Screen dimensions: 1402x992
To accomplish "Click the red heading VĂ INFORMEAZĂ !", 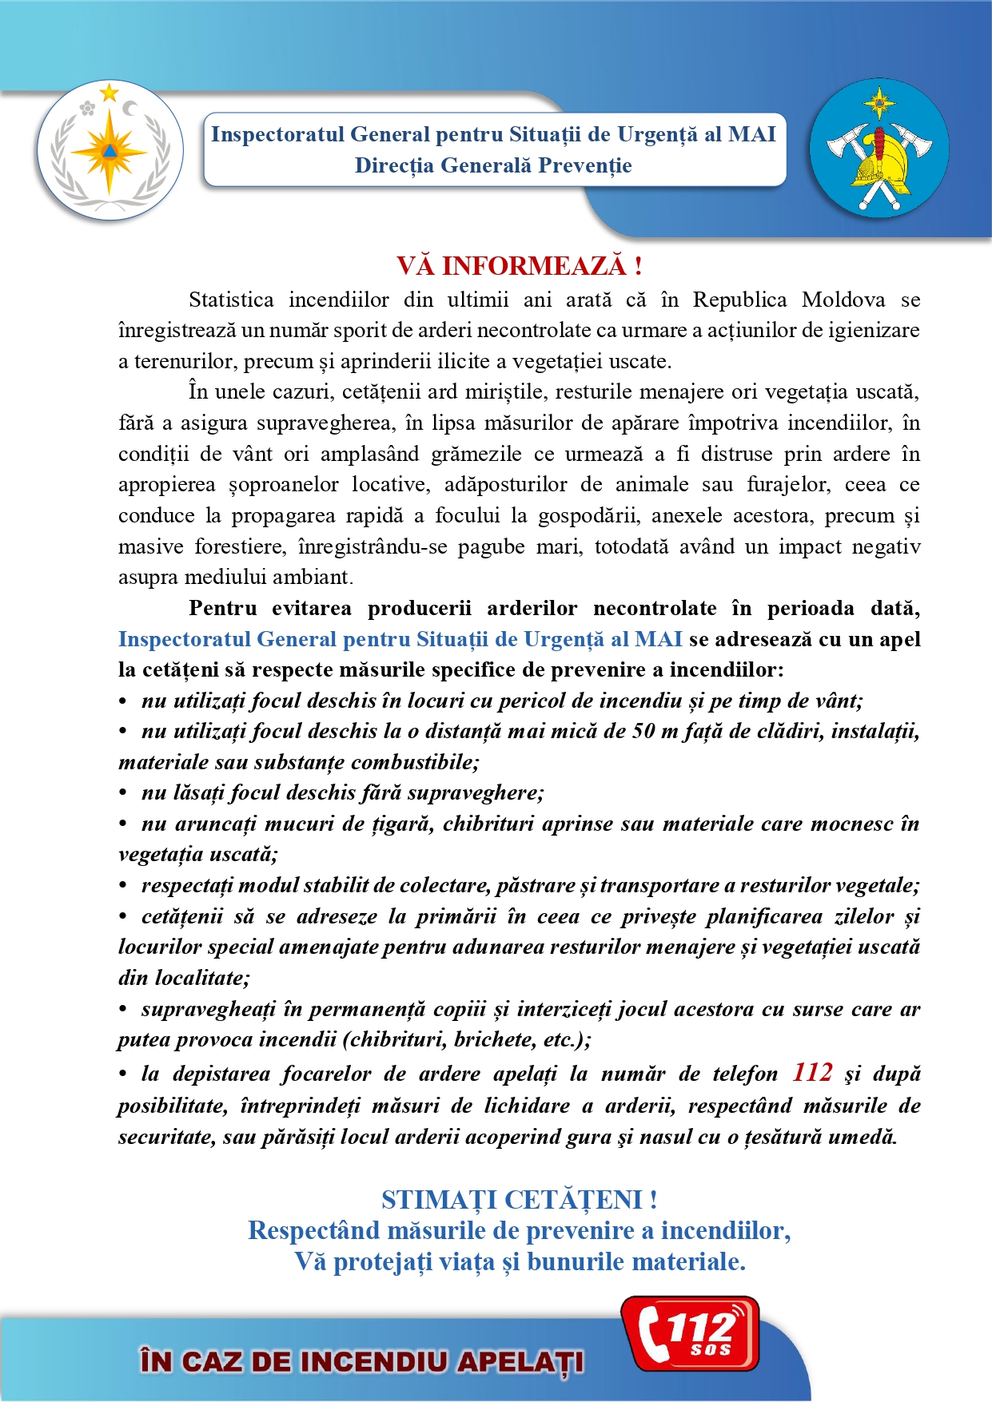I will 519,265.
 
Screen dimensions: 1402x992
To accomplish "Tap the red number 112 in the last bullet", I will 812,1072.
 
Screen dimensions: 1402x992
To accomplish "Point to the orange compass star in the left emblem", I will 109,152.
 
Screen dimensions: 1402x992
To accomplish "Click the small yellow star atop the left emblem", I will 109,93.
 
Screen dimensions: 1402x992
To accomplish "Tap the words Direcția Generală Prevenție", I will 493,165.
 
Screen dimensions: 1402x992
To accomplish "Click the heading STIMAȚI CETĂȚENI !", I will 519,1199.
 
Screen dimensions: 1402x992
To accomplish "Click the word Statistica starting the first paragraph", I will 231,300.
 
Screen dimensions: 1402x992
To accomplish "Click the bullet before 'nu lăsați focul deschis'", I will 123,793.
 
